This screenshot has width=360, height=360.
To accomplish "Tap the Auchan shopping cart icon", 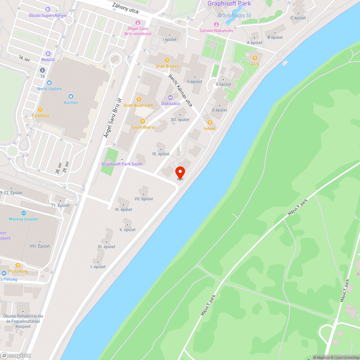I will click(x=71, y=96).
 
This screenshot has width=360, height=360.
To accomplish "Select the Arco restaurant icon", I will click(x=255, y=58).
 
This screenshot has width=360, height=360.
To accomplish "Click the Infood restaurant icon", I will click(x=210, y=122).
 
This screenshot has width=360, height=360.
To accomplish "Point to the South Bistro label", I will click(x=143, y=127).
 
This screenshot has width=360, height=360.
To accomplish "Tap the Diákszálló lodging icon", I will click(x=170, y=97).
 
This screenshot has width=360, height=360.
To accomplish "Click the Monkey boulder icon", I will click(x=24, y=213).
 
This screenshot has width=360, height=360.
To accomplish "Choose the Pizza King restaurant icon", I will click(x=18, y=265).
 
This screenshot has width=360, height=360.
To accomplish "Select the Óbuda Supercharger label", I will click(x=48, y=15).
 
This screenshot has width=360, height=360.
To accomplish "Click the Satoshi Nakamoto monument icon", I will click(x=216, y=24).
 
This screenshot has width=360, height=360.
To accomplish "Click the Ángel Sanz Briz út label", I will click(x=113, y=118).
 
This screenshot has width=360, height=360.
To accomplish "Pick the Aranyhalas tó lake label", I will click(x=234, y=15).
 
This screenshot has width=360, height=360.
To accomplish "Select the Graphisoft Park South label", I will click(x=122, y=164).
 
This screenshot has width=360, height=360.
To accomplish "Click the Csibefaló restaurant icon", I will click(x=40, y=109).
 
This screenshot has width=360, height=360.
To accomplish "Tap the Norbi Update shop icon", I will click(x=49, y=82).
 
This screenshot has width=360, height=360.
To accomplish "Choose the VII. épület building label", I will click(x=144, y=199).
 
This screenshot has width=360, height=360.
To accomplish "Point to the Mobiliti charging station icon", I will click(x=48, y=54).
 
